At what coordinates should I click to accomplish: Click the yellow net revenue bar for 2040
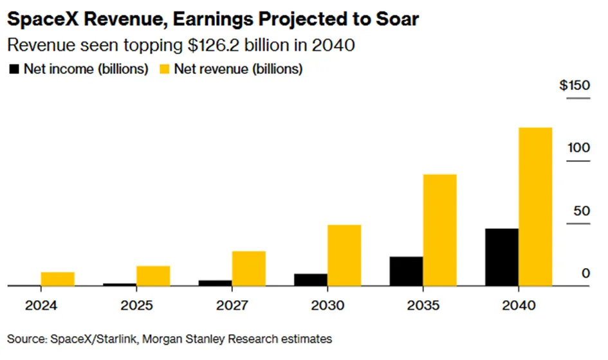(535, 207)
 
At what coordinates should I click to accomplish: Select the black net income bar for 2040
(502, 257)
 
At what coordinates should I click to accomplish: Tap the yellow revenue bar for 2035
(439, 230)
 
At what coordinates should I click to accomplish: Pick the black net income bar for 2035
(407, 271)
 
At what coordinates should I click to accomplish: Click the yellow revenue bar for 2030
(344, 255)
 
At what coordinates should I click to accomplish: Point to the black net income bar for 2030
(311, 280)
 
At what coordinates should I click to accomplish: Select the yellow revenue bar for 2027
(249, 269)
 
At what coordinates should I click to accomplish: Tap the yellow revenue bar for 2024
(58, 279)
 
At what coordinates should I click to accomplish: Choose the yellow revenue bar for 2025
(153, 276)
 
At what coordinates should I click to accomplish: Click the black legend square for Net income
(14, 69)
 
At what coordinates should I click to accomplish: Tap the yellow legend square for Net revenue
(165, 69)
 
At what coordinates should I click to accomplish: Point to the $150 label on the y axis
(575, 85)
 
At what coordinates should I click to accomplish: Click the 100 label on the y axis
(579, 148)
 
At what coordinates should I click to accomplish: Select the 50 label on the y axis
(582, 211)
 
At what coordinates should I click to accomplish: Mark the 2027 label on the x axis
(232, 305)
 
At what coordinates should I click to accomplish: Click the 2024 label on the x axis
(41, 305)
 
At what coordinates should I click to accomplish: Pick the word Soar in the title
(398, 19)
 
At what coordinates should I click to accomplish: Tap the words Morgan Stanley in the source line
(183, 339)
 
